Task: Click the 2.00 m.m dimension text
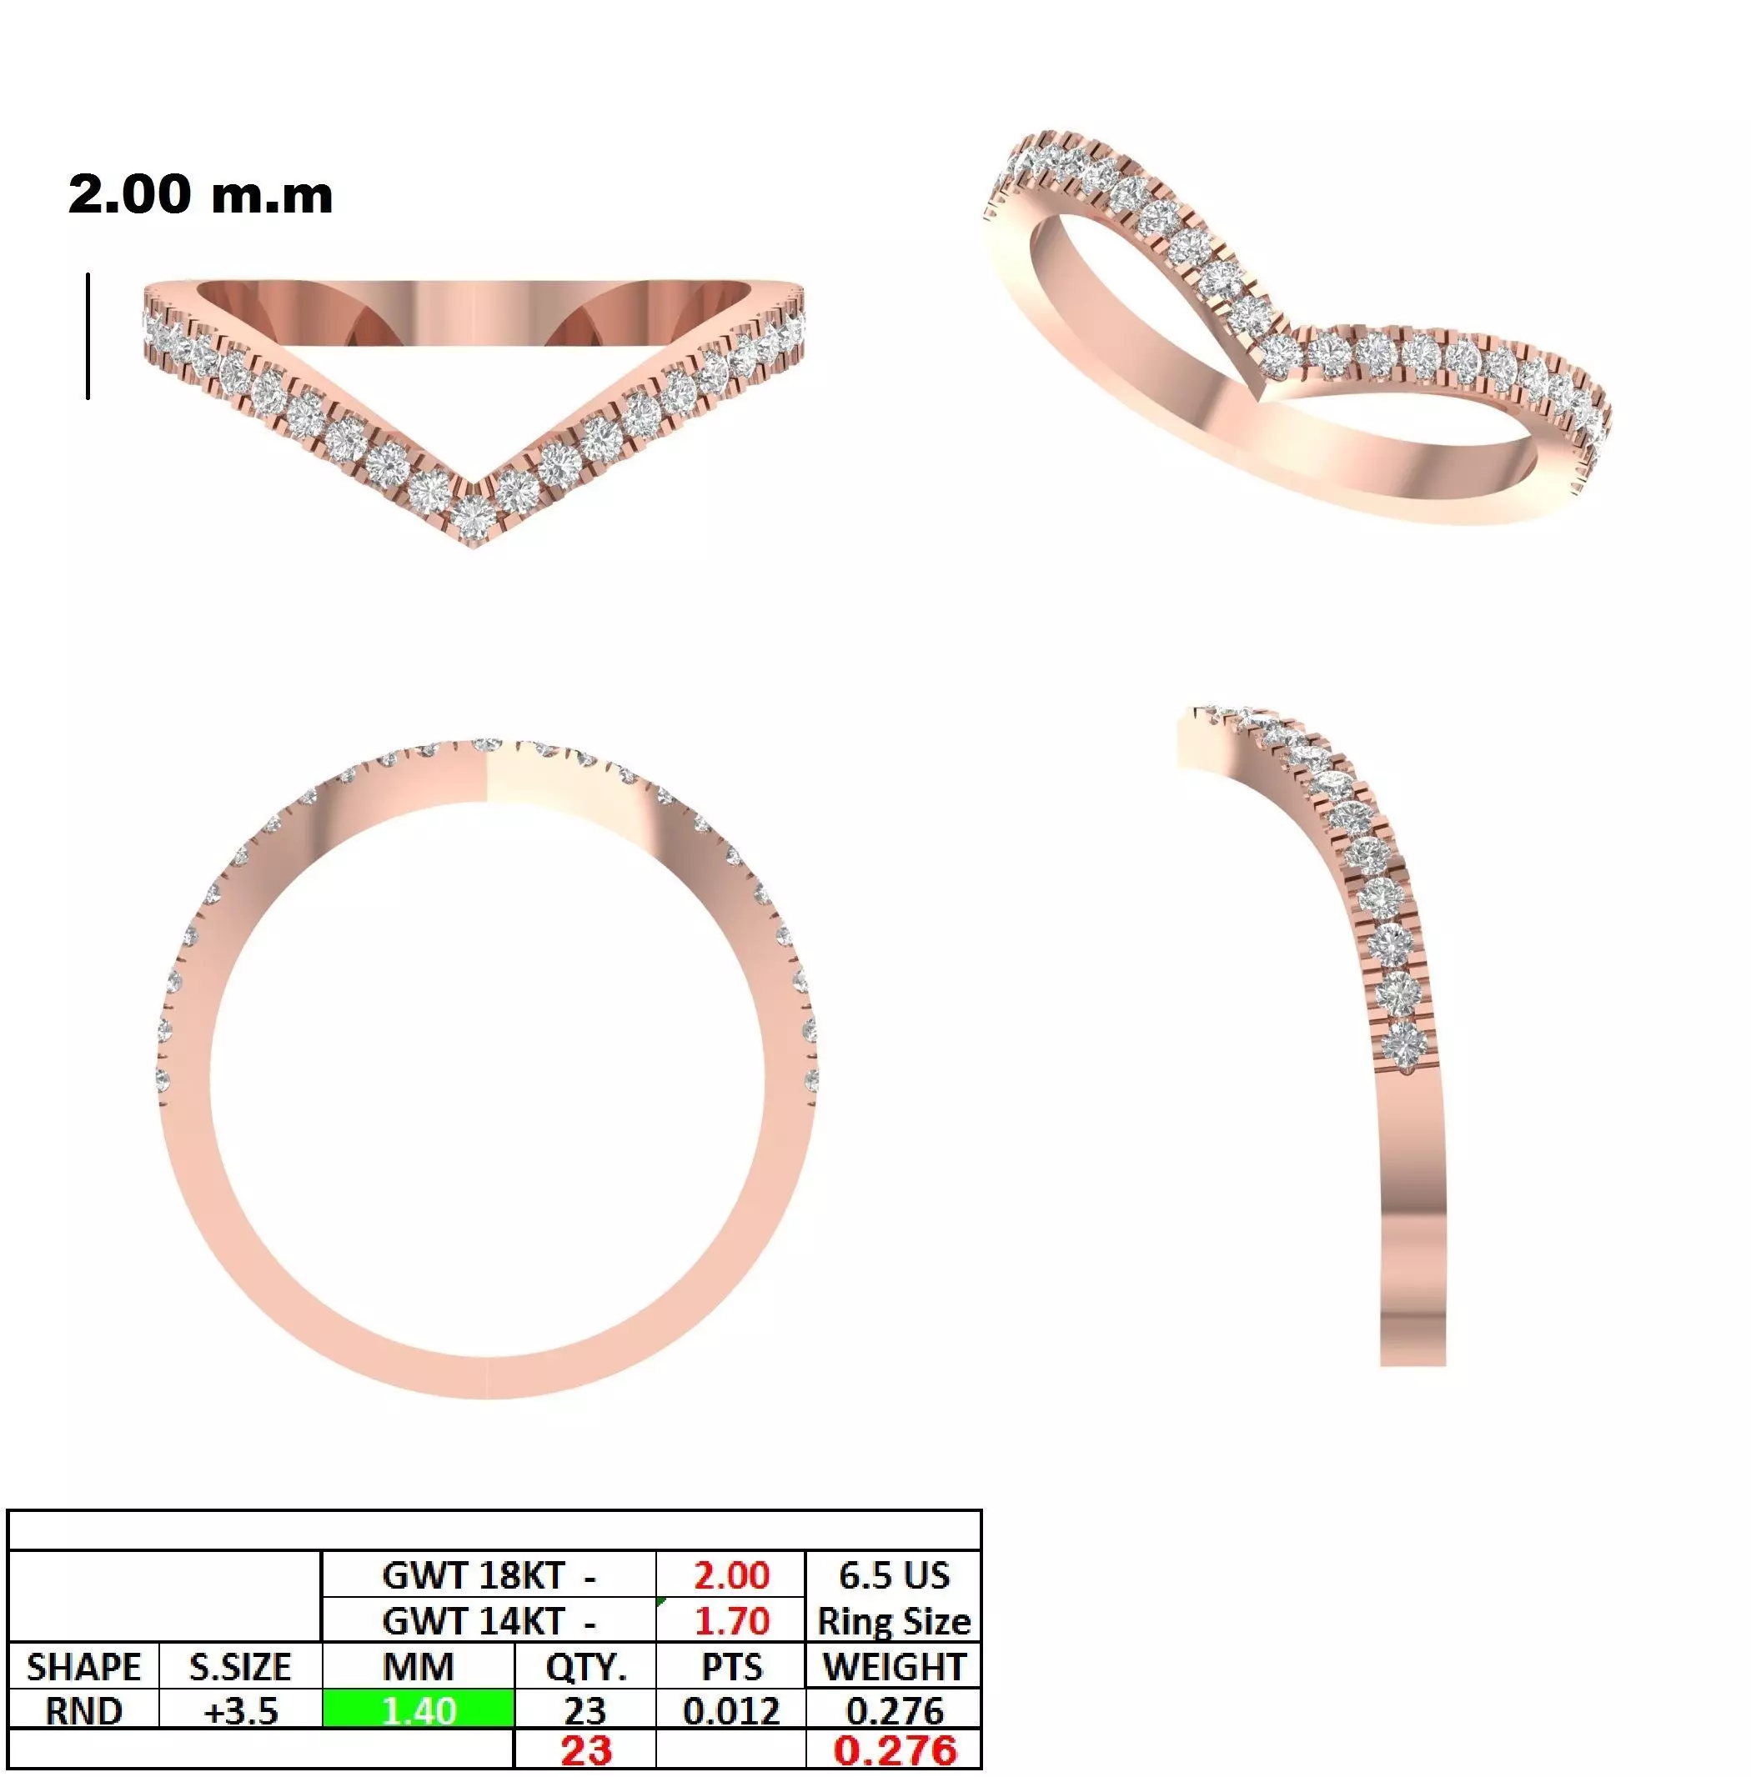click(x=200, y=195)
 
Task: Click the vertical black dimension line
click(x=88, y=337)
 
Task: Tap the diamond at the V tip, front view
click(x=473, y=517)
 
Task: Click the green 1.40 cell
click(x=419, y=1709)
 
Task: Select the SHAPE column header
click(x=83, y=1667)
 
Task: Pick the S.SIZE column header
click(x=240, y=1667)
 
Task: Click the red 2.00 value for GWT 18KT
click(x=731, y=1574)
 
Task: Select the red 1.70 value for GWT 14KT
click(x=731, y=1620)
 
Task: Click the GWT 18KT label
click(x=488, y=1574)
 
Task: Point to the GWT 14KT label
click(x=488, y=1620)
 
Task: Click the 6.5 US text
click(x=893, y=1574)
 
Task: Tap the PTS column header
click(x=731, y=1667)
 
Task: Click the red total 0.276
click(x=894, y=1750)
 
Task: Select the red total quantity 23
click(x=586, y=1750)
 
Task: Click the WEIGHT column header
click(x=894, y=1667)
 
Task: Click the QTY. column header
click(x=586, y=1667)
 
